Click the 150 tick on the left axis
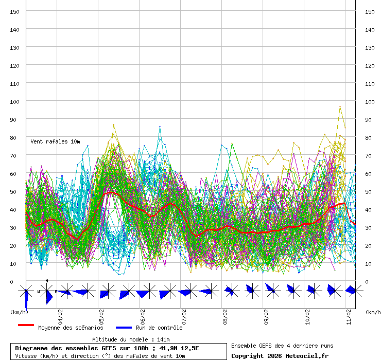click(x=15, y=11)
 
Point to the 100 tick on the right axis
click(x=369, y=101)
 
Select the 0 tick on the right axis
click(x=367, y=281)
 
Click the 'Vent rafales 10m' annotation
click(x=55, y=141)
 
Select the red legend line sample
click(x=26, y=326)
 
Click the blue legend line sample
click(x=124, y=328)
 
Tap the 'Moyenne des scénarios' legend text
click(x=71, y=328)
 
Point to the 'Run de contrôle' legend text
click(x=159, y=328)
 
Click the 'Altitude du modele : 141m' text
click(x=131, y=339)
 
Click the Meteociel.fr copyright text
click(x=280, y=356)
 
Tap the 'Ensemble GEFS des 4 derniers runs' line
click(x=282, y=346)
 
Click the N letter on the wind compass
click(x=47, y=281)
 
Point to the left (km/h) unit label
click(x=19, y=312)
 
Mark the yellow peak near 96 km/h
click(x=340, y=106)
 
